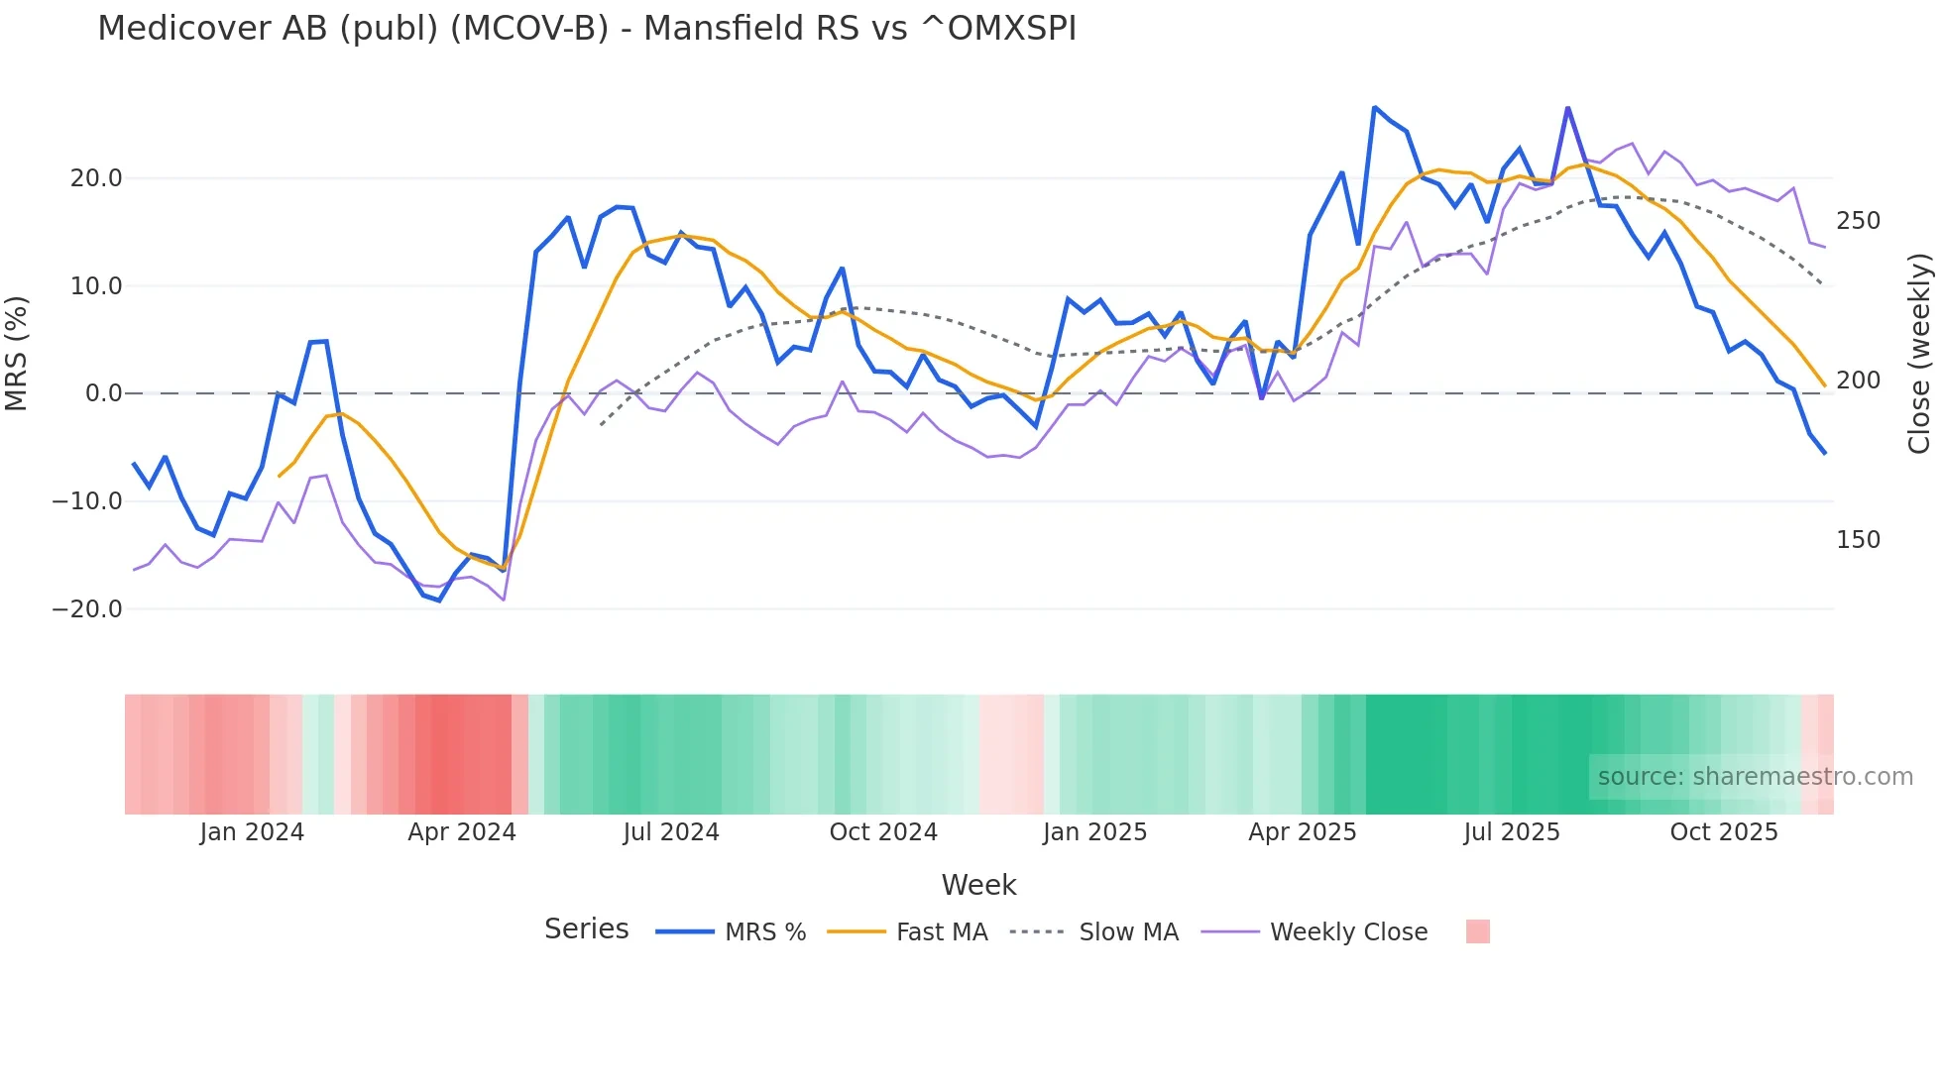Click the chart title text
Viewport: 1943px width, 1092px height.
click(586, 29)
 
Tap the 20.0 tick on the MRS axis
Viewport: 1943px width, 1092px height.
click(96, 178)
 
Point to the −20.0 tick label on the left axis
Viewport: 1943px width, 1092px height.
click(87, 609)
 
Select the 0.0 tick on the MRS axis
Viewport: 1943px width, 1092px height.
click(103, 393)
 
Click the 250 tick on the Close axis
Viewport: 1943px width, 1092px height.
click(1858, 221)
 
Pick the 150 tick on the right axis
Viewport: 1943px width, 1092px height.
click(1858, 540)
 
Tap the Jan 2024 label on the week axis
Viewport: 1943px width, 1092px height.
click(252, 832)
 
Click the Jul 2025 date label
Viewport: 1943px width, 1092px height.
click(1512, 832)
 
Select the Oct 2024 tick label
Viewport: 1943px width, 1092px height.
click(883, 832)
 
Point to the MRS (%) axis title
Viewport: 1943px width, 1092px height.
click(17, 353)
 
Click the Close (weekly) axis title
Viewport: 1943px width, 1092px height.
click(1920, 353)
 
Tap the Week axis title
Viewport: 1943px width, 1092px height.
click(978, 885)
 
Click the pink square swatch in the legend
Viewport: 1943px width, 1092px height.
click(1477, 931)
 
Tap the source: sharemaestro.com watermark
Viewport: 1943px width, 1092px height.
click(1755, 777)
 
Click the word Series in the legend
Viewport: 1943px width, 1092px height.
click(586, 929)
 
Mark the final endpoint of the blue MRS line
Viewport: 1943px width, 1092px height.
click(1825, 453)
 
